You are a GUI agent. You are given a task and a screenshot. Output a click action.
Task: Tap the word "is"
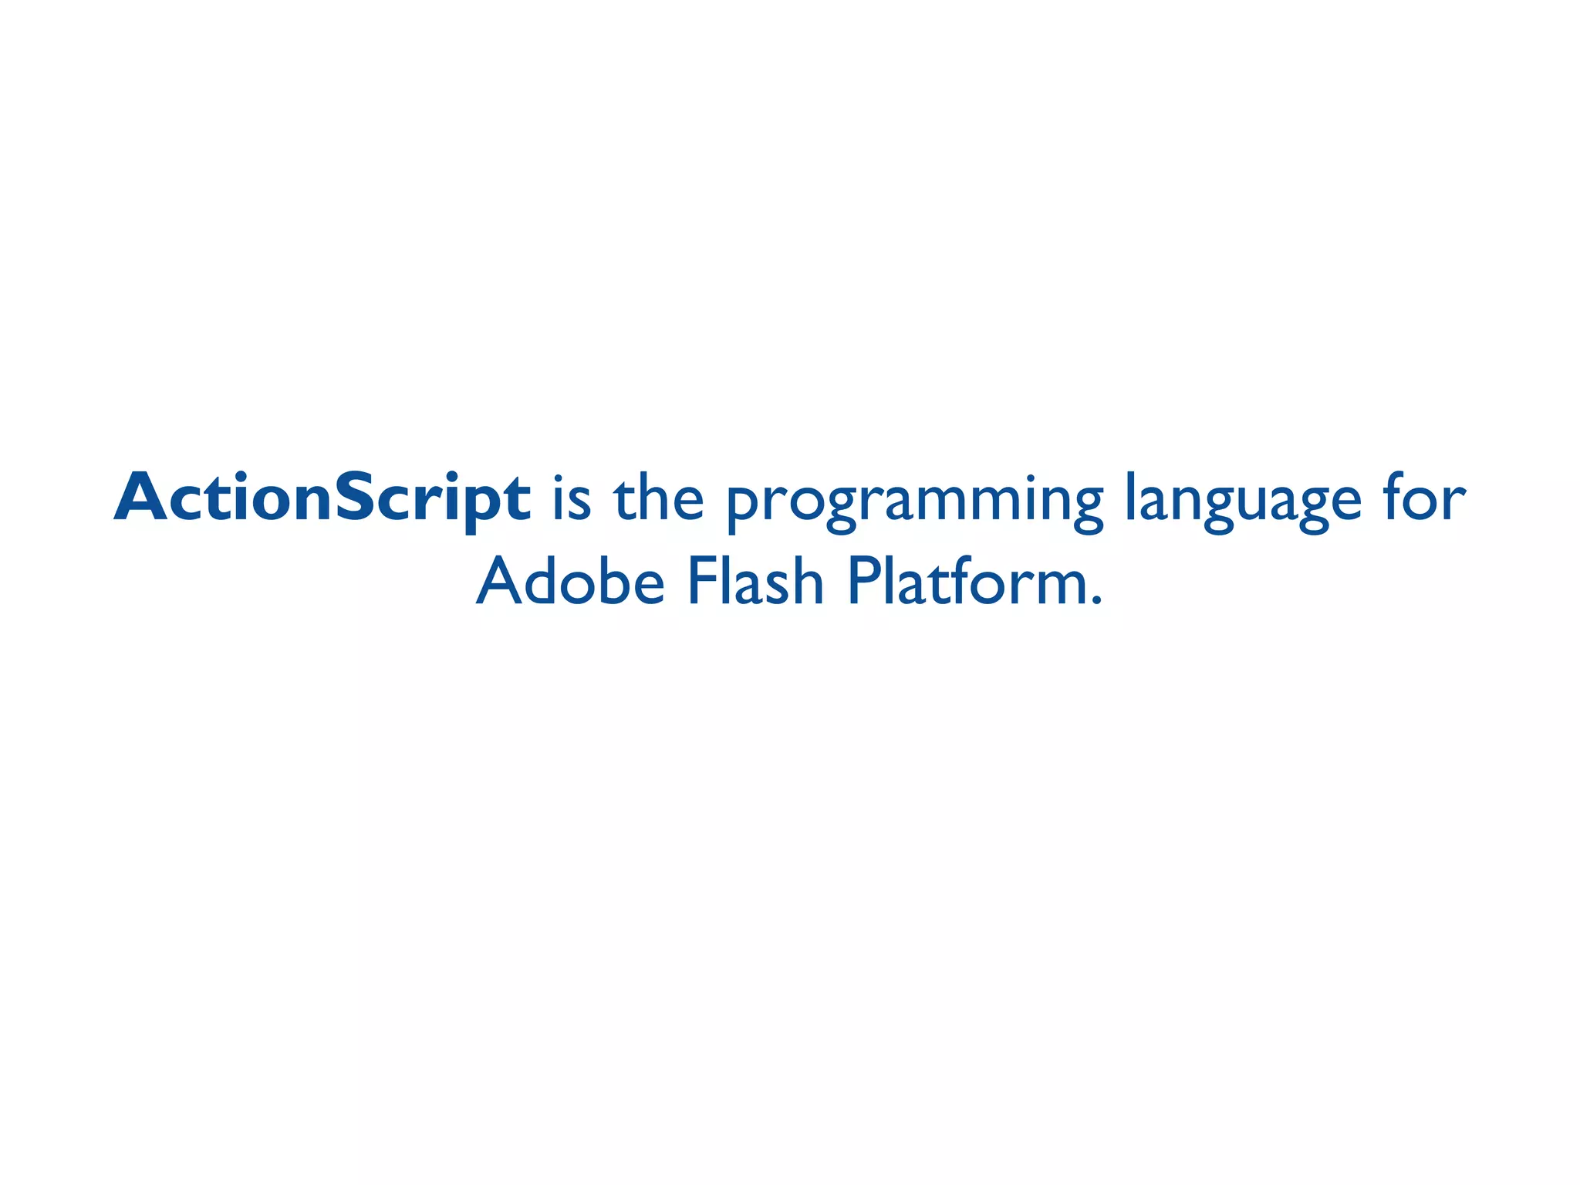click(572, 498)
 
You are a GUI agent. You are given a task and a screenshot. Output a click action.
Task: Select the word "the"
click(658, 498)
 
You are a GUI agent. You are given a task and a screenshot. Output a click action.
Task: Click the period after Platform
click(1097, 599)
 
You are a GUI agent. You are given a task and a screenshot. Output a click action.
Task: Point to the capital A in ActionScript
click(142, 498)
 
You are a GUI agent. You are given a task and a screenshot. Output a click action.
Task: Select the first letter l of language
click(1129, 496)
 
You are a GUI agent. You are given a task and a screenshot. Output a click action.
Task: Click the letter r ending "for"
click(1454, 501)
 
